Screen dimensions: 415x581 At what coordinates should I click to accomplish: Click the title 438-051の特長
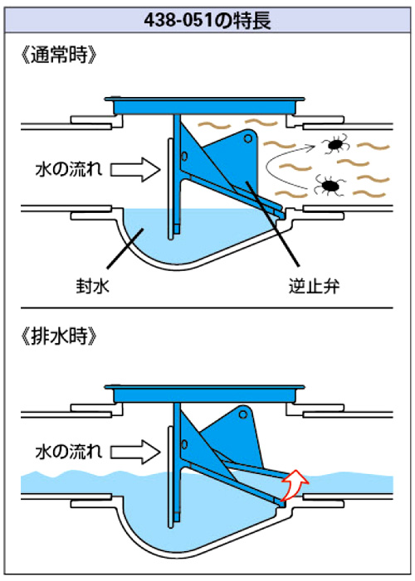[x=207, y=20]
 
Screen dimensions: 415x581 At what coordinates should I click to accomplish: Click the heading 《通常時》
[x=60, y=56]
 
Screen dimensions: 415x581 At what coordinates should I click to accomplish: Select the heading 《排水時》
[x=60, y=336]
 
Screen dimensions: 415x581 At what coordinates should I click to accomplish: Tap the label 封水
[x=92, y=286]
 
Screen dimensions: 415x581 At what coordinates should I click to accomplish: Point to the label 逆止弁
[x=314, y=286]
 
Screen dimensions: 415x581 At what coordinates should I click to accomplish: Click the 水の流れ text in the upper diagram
[x=69, y=170]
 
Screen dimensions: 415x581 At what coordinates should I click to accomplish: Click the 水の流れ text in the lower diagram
[x=69, y=452]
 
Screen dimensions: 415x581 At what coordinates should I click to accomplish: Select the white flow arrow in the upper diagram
[x=135, y=170]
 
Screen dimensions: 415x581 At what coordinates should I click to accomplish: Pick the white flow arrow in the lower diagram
[x=135, y=452]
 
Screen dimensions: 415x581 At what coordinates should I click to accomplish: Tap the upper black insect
[x=335, y=143]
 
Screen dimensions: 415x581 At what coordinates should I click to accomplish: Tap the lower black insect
[x=330, y=186]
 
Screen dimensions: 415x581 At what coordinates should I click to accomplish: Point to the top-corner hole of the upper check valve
[x=247, y=138]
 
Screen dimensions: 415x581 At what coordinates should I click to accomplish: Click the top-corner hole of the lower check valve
[x=243, y=414]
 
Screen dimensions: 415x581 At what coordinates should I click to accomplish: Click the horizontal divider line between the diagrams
[x=207, y=308]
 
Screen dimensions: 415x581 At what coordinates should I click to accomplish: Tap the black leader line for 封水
[x=124, y=249]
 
